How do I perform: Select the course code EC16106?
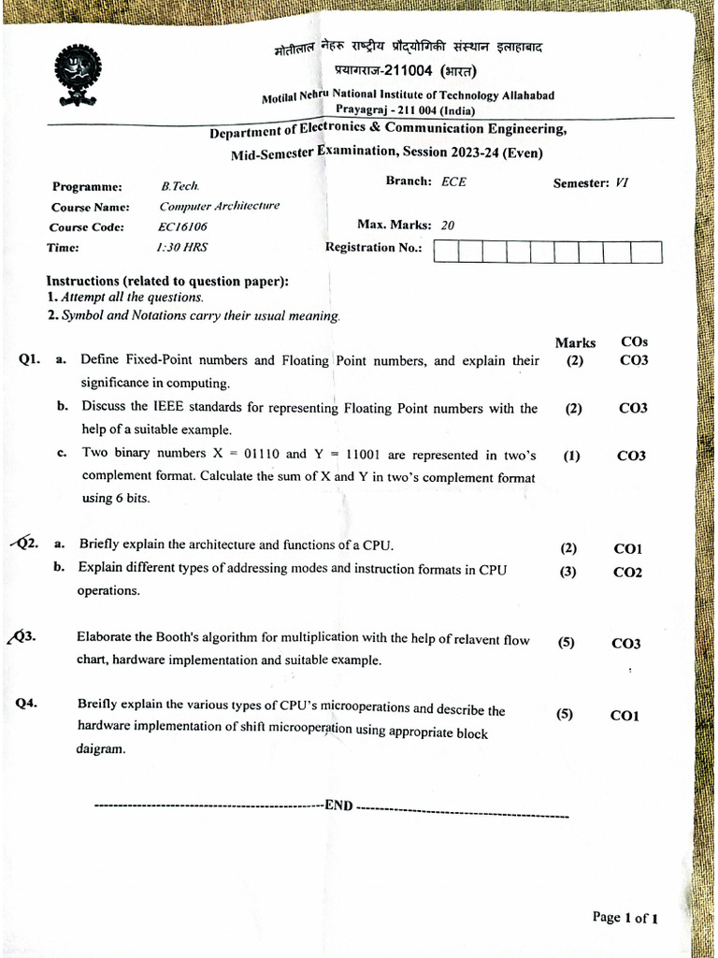click(x=183, y=227)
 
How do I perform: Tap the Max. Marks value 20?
click(x=448, y=225)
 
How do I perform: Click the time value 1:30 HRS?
click(x=182, y=248)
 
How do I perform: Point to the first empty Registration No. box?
click(x=447, y=252)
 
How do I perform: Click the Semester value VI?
click(x=622, y=183)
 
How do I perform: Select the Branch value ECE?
click(x=453, y=181)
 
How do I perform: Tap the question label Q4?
click(x=26, y=704)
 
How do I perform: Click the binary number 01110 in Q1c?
click(x=261, y=454)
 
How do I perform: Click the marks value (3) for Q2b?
click(x=568, y=572)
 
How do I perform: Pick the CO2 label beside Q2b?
click(x=627, y=573)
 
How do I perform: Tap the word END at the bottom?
click(x=338, y=806)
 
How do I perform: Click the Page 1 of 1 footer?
click(x=625, y=918)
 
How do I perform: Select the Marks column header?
click(x=575, y=343)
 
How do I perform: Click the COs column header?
click(x=634, y=342)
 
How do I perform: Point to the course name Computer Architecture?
click(x=220, y=206)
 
